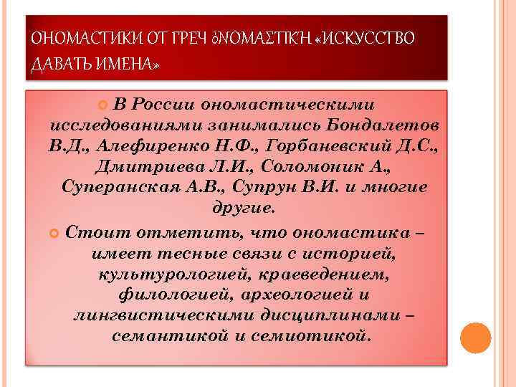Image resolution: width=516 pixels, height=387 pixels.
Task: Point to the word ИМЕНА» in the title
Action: [x=126, y=65]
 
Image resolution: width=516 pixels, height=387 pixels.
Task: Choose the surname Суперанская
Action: [x=123, y=188]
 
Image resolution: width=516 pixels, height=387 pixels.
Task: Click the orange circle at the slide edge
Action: [x=474, y=338]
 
